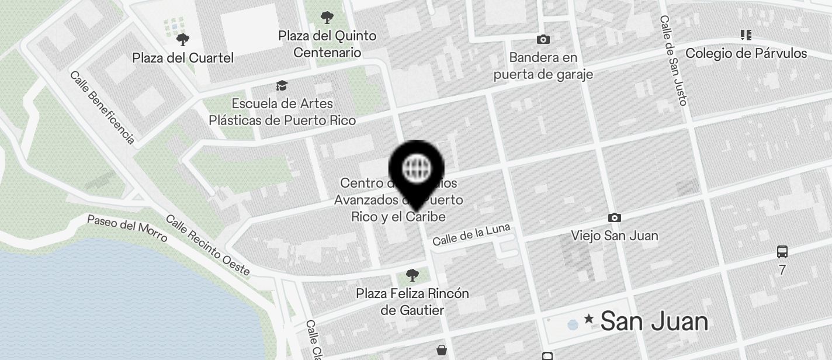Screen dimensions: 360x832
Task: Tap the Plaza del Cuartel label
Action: [183, 58]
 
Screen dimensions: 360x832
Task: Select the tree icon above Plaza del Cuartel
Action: [183, 40]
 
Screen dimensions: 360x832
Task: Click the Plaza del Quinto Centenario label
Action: [327, 44]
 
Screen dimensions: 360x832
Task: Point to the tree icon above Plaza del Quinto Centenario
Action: [327, 18]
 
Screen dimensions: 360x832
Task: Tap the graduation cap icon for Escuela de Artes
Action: [282, 86]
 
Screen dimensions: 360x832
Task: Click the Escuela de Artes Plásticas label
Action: [282, 112]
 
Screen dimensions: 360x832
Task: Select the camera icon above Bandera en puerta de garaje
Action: [543, 39]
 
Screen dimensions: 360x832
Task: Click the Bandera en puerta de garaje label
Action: [543, 65]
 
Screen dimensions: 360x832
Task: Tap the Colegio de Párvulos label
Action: [746, 53]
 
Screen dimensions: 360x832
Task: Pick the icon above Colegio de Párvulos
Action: [746, 35]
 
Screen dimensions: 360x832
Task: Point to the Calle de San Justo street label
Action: [672, 60]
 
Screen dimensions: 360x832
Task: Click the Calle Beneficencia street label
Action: [102, 108]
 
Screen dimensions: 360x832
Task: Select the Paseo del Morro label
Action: [127, 228]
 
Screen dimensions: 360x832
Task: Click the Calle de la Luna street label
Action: [472, 235]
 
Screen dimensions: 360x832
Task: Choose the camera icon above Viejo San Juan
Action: [615, 217]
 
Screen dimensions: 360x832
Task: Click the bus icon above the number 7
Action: [782, 252]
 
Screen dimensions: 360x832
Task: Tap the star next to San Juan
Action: [589, 319]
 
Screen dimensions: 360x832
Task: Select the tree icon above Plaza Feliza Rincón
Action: [412, 275]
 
